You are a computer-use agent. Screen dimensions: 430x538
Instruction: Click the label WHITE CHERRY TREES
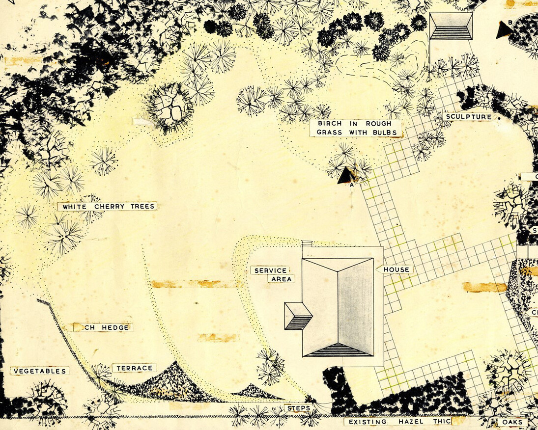point(107,207)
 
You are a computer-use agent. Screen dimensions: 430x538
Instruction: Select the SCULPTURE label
point(468,117)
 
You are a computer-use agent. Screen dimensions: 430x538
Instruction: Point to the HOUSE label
point(396,269)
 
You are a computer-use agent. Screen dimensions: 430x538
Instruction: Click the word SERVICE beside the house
point(270,270)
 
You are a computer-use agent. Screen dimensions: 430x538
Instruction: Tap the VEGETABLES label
point(39,371)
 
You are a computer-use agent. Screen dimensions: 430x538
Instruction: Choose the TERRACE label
point(134,368)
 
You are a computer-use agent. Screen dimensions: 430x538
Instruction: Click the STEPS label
point(298,408)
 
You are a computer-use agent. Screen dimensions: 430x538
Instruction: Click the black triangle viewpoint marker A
point(346,176)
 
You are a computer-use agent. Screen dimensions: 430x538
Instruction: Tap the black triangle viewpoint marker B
point(504,30)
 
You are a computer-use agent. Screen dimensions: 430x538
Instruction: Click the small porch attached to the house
point(298,316)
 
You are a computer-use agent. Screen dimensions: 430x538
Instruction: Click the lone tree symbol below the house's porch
point(271,366)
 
